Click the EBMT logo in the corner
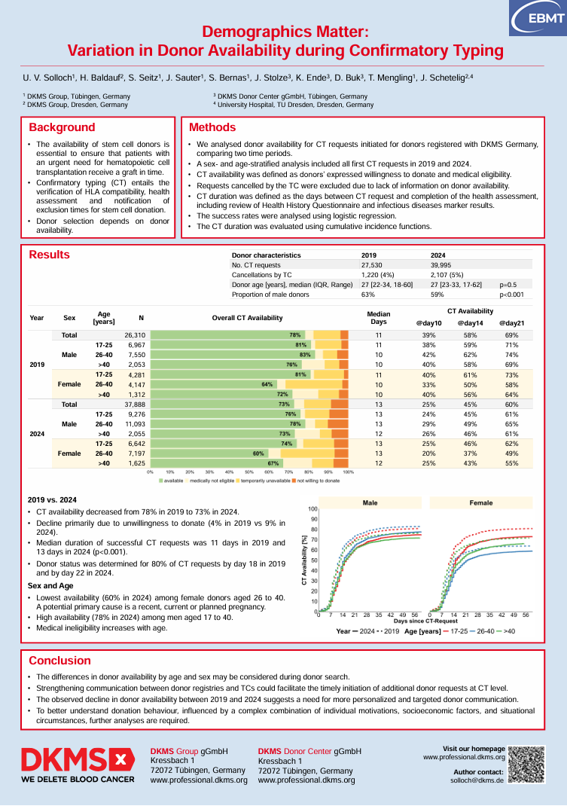coord(535,17)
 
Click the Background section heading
coord(62,127)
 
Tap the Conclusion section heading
coord(59,661)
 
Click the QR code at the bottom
coord(526,765)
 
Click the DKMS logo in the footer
coord(78,765)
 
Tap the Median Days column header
coord(379,317)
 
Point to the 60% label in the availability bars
coord(258,453)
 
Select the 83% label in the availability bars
coord(305,354)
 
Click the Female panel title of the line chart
coord(481,502)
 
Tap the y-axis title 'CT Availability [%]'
coord(305,560)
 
